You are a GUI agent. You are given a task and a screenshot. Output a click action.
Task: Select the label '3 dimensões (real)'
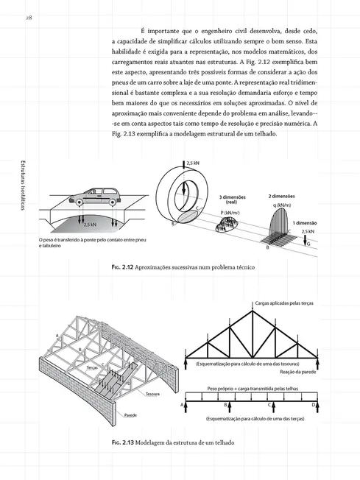click(231, 200)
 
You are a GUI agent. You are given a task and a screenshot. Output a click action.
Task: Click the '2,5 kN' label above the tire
click(192, 163)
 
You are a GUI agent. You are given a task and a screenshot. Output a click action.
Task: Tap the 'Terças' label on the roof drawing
click(93, 367)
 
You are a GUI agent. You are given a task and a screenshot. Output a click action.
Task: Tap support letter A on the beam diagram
click(182, 404)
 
